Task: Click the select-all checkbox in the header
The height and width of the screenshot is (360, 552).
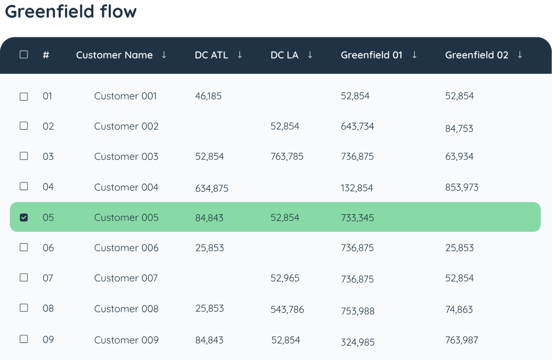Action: [x=24, y=54]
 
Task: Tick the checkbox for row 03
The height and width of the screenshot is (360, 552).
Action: [x=24, y=156]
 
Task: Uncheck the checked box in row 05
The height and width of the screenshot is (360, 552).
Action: [x=24, y=218]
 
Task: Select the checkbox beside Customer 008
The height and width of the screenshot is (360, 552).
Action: [x=24, y=308]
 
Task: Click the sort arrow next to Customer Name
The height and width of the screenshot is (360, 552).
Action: [x=164, y=54]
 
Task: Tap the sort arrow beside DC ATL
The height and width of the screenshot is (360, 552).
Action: [x=239, y=54]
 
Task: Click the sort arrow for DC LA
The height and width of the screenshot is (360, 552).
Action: [x=310, y=54]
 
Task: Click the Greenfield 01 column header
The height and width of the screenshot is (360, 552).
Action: [x=371, y=55]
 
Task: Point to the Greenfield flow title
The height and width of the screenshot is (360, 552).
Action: [x=71, y=12]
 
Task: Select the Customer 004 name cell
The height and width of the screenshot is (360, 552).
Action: [x=126, y=187]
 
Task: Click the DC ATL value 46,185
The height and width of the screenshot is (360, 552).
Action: [x=208, y=96]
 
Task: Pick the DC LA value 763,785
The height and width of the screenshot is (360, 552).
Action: [x=287, y=157]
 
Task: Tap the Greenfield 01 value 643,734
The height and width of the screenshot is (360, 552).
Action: [x=358, y=126]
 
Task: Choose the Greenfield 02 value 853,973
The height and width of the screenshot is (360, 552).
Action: [x=462, y=187]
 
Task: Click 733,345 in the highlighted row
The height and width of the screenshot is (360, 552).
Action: [x=358, y=218]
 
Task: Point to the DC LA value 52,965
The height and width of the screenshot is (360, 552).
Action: [x=285, y=278]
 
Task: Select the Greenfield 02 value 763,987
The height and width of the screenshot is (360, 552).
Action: [x=461, y=340]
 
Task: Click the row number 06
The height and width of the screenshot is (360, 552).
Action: [x=48, y=248]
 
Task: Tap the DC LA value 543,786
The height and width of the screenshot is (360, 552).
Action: [x=287, y=309]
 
